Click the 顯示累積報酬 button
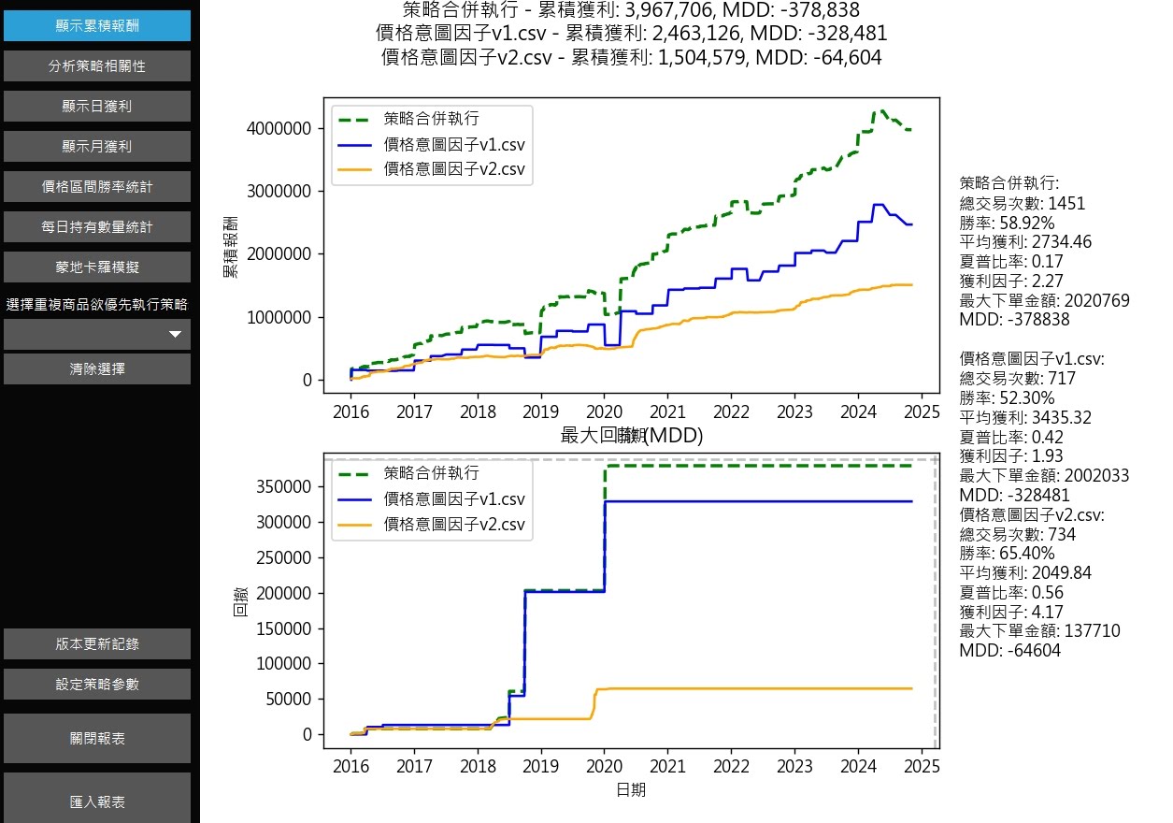[97, 26]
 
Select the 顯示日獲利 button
[97, 107]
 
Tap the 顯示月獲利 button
[97, 147]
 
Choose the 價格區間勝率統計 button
[97, 187]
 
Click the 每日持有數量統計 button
[97, 227]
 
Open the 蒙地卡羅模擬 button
[97, 267]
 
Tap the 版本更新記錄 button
[97, 644]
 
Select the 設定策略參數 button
[97, 685]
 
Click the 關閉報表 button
[97, 739]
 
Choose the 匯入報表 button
[97, 802]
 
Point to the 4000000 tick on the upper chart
[279, 129]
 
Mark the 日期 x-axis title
[630, 791]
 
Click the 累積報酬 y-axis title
[230, 244]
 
